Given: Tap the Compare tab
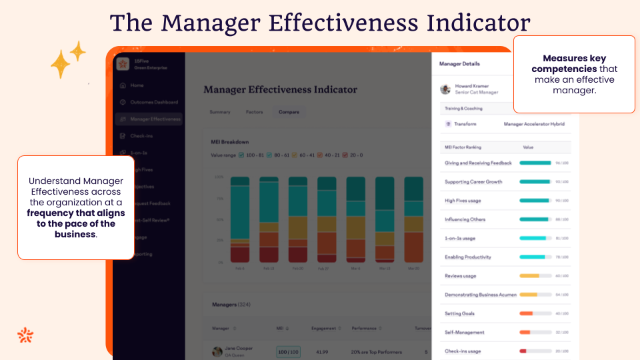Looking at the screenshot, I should [x=289, y=112].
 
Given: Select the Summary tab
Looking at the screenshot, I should [x=220, y=112].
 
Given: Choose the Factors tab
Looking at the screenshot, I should [x=254, y=112].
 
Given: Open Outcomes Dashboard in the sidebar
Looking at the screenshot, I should [x=153, y=102].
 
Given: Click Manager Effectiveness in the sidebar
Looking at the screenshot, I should [x=155, y=119].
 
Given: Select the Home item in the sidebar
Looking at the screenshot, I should [x=137, y=85].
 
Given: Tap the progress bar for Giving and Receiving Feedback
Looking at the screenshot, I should [x=535, y=163].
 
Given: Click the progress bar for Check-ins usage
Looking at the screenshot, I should [x=535, y=351].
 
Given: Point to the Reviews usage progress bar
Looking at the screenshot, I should [x=535, y=275].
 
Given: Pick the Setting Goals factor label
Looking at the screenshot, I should [x=460, y=313].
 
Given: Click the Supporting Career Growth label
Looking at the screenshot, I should [x=473, y=182].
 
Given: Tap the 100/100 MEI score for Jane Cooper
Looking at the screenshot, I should [x=288, y=351].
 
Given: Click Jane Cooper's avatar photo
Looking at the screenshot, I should [x=217, y=351].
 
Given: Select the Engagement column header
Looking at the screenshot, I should [x=323, y=328].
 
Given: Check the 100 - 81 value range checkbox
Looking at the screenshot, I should [x=241, y=155].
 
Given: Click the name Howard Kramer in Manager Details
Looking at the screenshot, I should [x=471, y=86].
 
